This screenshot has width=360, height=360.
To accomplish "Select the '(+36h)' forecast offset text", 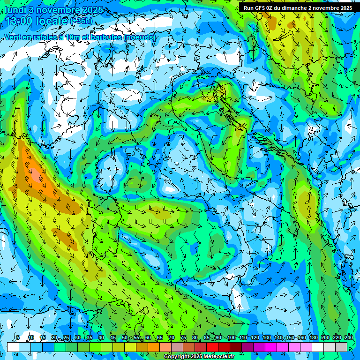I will point(81,21).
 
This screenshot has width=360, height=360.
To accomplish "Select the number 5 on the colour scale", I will point(18,338).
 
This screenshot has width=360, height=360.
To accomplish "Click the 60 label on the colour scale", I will point(148,338).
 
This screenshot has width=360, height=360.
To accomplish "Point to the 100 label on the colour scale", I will point(231,338).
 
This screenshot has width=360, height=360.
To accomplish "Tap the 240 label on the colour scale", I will point(348,338).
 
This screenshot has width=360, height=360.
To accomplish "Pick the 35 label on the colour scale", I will point(90,338).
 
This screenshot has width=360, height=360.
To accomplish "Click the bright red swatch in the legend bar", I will point(212,347).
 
